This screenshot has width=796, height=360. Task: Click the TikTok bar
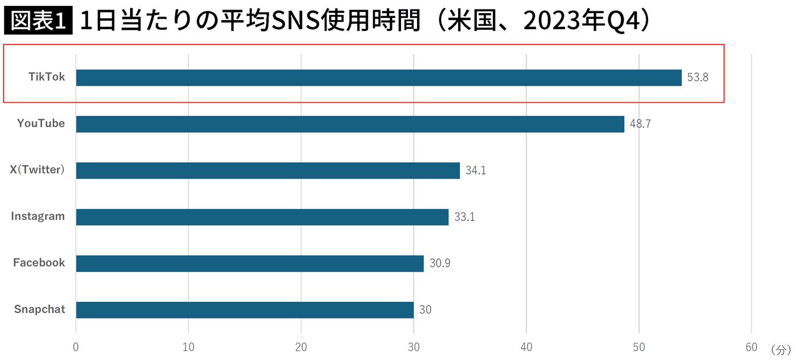pos(378,78)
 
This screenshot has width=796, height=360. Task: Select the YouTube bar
pos(350,124)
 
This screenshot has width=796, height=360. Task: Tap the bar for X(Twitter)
pos(267,170)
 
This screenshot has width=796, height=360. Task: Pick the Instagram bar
pos(262,217)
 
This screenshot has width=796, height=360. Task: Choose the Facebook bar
pos(249,263)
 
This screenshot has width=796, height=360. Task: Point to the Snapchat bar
pos(245,310)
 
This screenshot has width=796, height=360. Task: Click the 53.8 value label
pos(697,78)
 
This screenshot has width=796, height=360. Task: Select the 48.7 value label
pos(640,124)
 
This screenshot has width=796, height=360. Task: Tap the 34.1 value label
pos(475,170)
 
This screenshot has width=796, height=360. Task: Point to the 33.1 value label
pos(465,217)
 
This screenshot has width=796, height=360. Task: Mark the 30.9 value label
pos(440,263)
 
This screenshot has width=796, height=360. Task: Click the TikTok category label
pos(47,77)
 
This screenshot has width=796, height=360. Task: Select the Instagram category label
pos(38,216)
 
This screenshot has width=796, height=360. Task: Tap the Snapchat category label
pos(40,310)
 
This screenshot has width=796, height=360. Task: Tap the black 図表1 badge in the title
pos(38,22)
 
